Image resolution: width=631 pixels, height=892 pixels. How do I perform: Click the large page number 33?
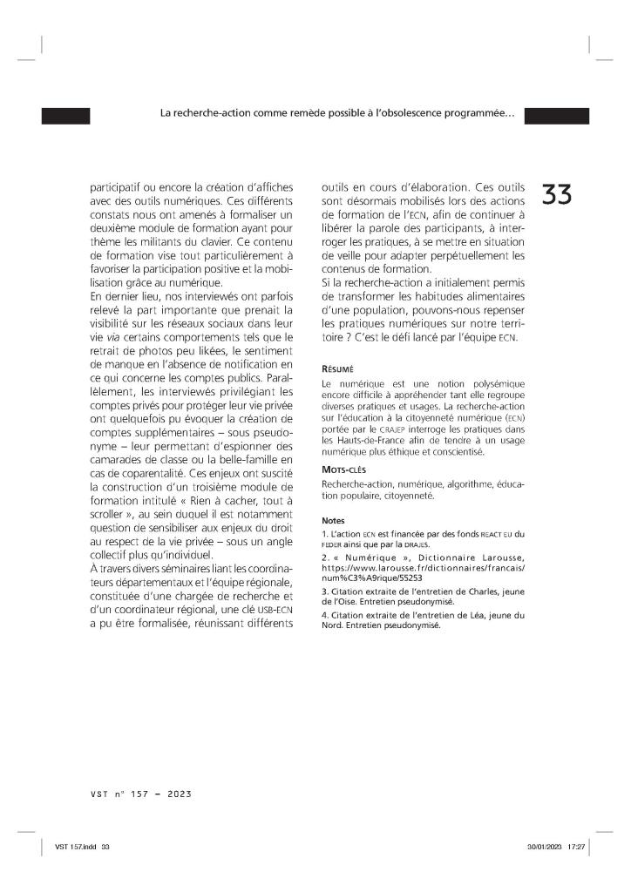pos(557,194)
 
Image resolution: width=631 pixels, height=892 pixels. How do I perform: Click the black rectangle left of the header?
pos(65,115)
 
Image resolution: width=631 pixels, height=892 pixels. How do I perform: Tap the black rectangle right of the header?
pos(556,115)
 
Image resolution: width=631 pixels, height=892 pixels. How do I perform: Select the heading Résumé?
pos(337,368)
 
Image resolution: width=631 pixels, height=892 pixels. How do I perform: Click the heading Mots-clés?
pos(343,469)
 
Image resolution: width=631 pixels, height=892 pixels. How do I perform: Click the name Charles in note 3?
pos(472,590)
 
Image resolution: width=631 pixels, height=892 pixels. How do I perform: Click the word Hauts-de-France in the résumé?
pos(373,441)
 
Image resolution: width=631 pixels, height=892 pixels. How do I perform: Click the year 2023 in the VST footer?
pos(179,794)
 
